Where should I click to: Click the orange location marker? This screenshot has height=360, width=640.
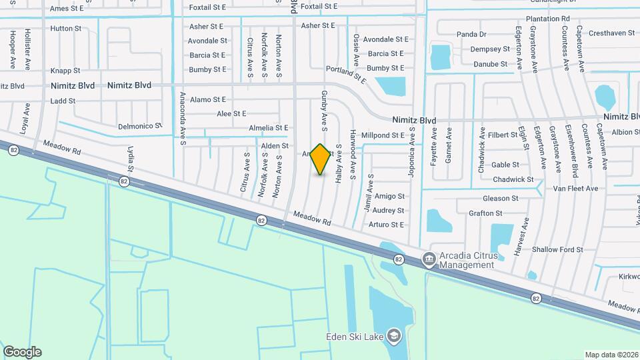click(321, 159)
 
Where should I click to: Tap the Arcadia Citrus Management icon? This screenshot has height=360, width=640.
click(429, 259)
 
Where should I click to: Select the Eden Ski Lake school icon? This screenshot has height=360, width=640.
click(394, 335)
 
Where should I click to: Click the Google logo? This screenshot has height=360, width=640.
click(22, 352)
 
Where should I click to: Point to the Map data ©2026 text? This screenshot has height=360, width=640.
click(611, 355)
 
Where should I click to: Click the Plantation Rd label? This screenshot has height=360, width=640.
click(547, 19)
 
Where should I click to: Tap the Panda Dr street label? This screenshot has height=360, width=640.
click(471, 34)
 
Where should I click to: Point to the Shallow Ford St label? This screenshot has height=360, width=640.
click(557, 250)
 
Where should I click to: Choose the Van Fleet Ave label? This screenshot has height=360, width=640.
click(575, 189)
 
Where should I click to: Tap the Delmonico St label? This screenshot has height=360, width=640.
click(140, 125)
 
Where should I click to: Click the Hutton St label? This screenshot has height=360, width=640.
click(65, 29)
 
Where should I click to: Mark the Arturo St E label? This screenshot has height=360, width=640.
click(387, 225)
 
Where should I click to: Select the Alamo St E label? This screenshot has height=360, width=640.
click(208, 99)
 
